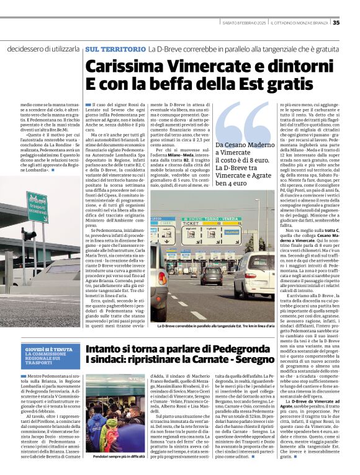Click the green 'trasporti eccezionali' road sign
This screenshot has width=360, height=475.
(x=37, y=208)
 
